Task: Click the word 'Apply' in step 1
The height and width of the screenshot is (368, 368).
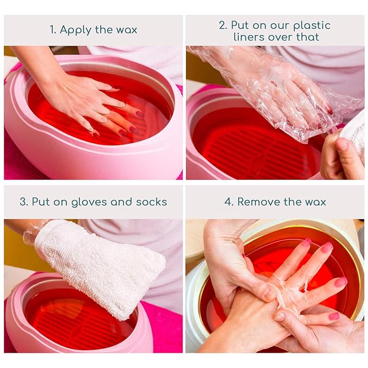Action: coord(76,30)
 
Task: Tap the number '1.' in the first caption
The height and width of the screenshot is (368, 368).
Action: coord(53,30)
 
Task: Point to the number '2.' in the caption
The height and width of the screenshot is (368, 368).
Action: coord(223,25)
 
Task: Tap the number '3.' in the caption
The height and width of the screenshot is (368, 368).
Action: coord(24,202)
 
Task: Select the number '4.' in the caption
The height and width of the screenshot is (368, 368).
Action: coord(229,202)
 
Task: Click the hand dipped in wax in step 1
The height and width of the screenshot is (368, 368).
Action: coord(87,98)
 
